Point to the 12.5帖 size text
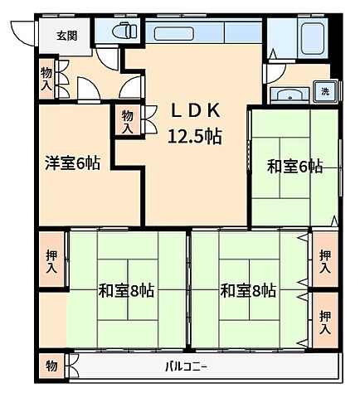tap(195, 136)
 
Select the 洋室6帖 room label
tap(72, 163)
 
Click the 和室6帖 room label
tap(294, 167)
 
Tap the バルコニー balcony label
tap(186, 365)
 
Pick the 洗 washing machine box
tap(326, 91)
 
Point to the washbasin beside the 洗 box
tap(290, 93)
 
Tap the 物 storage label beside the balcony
tap(51, 365)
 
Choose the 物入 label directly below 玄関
tap(46, 80)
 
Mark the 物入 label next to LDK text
tap(127, 121)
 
